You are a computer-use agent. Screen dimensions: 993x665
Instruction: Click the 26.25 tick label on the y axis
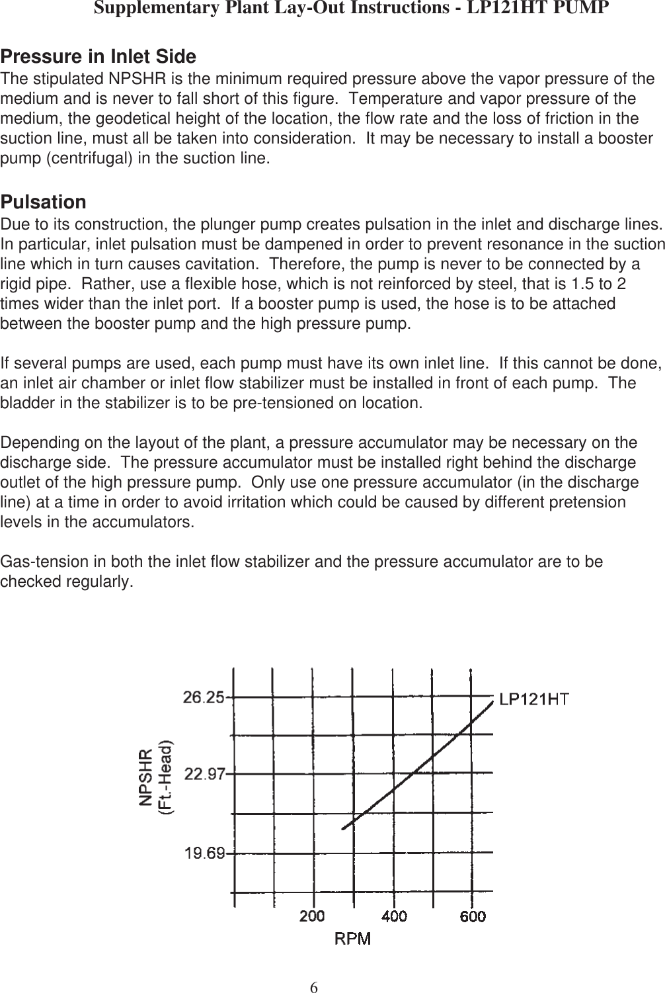[204, 697]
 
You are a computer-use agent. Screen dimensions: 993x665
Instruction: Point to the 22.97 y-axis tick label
[204, 774]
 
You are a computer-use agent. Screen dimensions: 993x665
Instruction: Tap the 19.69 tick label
[204, 853]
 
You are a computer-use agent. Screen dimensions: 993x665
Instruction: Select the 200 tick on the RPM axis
[313, 916]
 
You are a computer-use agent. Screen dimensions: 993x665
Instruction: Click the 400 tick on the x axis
[393, 916]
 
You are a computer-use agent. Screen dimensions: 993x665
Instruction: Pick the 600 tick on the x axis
[473, 916]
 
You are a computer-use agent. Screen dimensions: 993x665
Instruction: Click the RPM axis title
[352, 938]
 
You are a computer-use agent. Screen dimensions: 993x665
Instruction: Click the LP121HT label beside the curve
[535, 699]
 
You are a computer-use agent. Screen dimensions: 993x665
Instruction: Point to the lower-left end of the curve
[343, 828]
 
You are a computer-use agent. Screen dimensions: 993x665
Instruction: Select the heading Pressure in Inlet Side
[98, 56]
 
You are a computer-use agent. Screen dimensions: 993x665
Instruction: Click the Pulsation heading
[44, 202]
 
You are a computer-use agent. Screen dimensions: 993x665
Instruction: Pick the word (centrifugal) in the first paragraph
[81, 159]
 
